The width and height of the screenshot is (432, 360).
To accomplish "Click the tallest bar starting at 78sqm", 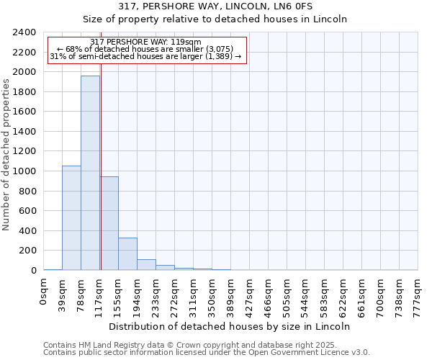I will coord(90,173).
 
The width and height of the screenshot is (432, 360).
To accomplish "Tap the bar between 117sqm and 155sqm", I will coord(109,223).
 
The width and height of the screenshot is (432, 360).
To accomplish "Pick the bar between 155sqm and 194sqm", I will coord(127,253).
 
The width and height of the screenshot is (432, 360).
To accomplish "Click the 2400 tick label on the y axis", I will coord(24,32).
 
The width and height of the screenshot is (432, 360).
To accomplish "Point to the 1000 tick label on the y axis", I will coord(24,171).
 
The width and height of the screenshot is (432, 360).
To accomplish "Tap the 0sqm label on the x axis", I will coord(44,292).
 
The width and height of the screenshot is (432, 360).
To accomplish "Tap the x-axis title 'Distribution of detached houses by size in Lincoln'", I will coord(230,326).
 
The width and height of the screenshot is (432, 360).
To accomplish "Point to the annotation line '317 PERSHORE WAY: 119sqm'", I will coord(146,42).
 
